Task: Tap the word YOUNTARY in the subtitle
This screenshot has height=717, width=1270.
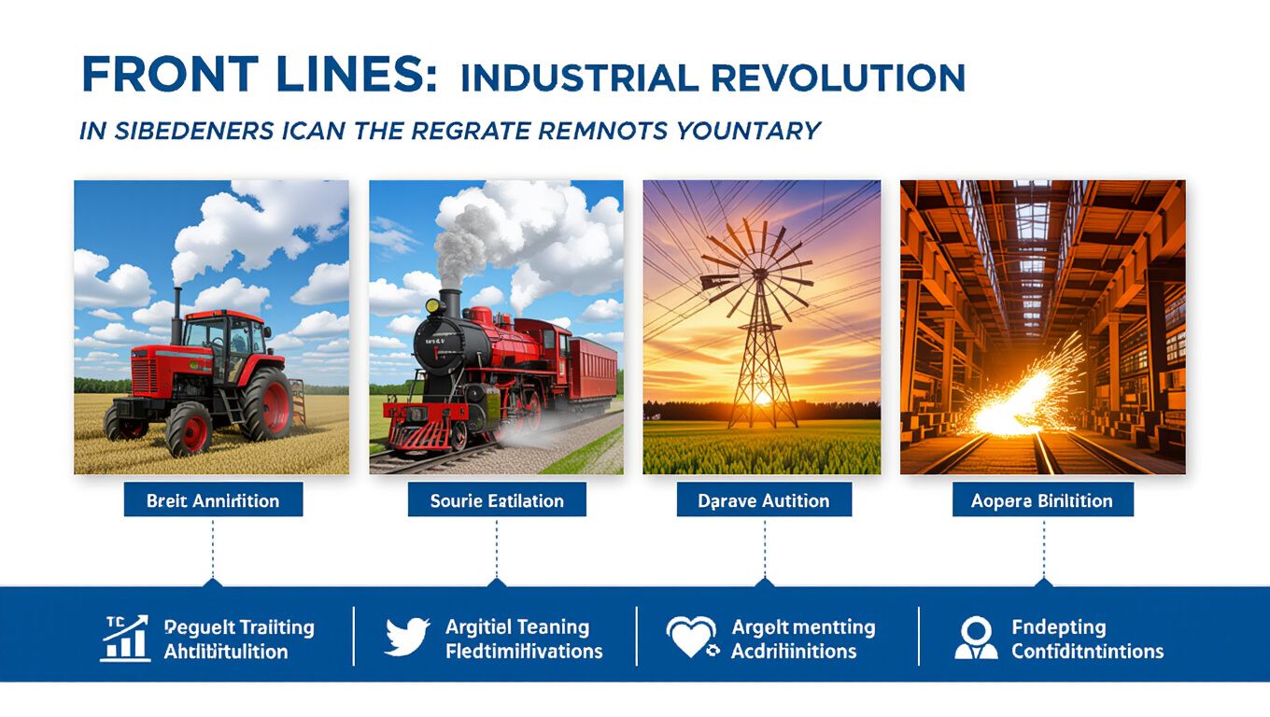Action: click(x=743, y=131)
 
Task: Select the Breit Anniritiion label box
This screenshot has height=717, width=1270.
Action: click(x=213, y=500)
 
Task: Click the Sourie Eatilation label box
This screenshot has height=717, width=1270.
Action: click(x=497, y=500)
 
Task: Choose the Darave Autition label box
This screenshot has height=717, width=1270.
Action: click(x=764, y=500)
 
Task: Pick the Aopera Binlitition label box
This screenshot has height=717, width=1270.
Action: click(x=1042, y=500)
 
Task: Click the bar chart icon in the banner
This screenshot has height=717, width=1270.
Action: click(x=125, y=639)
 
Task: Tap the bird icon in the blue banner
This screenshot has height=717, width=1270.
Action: click(x=407, y=639)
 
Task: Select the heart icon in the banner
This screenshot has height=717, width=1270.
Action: click(x=691, y=639)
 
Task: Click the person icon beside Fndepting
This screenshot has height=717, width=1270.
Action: click(x=975, y=639)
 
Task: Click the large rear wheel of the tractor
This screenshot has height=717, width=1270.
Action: click(x=267, y=402)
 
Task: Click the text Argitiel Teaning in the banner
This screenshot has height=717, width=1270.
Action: click(x=517, y=626)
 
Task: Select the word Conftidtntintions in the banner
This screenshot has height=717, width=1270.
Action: click(x=1087, y=651)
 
